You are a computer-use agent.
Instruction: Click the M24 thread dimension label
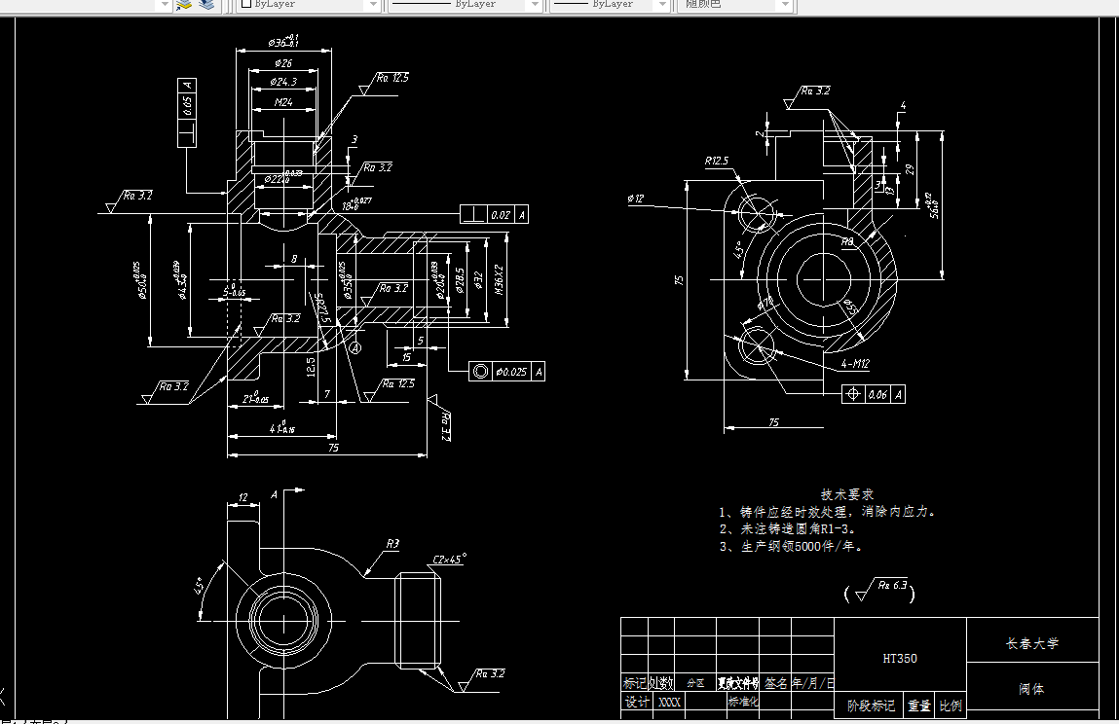[x=283, y=102]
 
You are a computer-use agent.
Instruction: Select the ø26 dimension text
[x=282, y=63]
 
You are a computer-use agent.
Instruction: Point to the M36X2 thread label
[x=498, y=280]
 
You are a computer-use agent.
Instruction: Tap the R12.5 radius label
[x=717, y=161]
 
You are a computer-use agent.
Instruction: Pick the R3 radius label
[x=392, y=544]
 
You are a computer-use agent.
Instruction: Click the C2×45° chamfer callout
[x=449, y=560]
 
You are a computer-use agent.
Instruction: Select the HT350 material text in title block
[x=899, y=658]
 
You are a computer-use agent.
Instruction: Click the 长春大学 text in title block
[x=1031, y=643]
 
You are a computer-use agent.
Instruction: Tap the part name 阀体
[x=1031, y=689]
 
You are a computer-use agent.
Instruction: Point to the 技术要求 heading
[x=847, y=494]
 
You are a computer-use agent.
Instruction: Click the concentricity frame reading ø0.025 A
[x=506, y=371]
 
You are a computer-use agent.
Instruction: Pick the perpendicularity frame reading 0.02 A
[x=495, y=214]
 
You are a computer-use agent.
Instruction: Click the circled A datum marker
[x=354, y=346]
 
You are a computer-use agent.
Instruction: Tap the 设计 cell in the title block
[x=637, y=702]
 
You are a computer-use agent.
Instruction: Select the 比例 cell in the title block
[x=951, y=706]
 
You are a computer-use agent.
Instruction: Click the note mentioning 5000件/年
[x=791, y=546]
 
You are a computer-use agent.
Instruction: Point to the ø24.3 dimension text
[x=283, y=83]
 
